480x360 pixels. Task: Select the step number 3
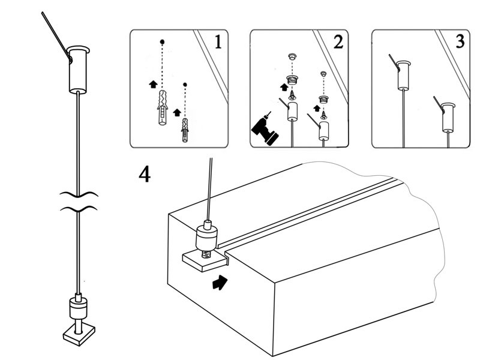pos(460,42)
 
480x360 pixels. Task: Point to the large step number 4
pos(145,174)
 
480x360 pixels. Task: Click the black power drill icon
pos(264,129)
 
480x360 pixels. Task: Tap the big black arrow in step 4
pos(220,283)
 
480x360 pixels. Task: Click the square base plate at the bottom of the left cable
pos(77,334)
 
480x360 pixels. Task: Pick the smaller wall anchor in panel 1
pos(185,130)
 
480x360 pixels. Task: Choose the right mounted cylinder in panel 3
pos(448,118)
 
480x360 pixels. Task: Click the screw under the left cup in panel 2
pos(292,94)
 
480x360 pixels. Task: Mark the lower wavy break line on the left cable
pos(78,209)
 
